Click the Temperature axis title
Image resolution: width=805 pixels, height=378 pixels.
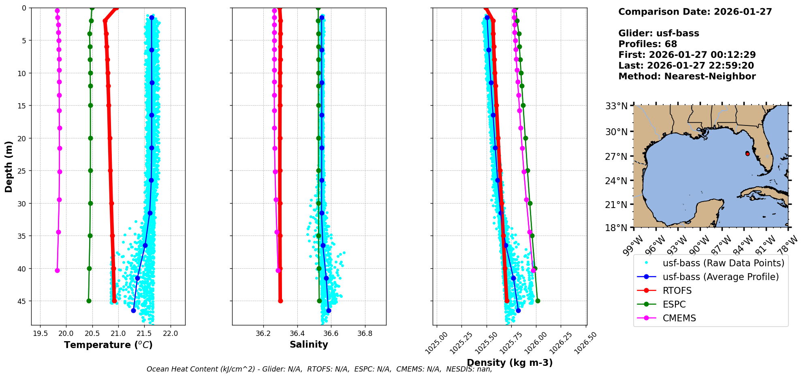[x=108, y=345]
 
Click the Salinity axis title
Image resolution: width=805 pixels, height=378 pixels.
[x=309, y=344]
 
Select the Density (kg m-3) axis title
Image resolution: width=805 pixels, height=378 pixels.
[x=510, y=363]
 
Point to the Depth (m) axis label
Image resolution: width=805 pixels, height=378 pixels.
[x=9, y=167]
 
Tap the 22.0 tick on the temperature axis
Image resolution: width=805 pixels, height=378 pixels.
[x=171, y=333]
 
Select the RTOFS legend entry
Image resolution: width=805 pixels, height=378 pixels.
[x=677, y=291]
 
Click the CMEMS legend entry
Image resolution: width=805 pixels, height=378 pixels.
[x=679, y=318]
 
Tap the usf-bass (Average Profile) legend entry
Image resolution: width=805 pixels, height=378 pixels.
[x=720, y=277]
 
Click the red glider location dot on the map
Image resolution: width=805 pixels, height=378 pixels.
[x=747, y=154]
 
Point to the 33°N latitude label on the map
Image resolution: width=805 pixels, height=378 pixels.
[x=616, y=106]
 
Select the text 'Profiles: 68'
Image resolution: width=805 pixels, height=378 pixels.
[x=647, y=44]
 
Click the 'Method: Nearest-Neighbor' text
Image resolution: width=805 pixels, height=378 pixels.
[x=687, y=76]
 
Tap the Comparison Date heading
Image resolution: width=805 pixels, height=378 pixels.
[x=695, y=12]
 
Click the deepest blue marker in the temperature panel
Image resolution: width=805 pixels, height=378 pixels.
[x=133, y=310]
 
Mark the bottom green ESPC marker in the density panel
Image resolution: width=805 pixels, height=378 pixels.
[x=538, y=301]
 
